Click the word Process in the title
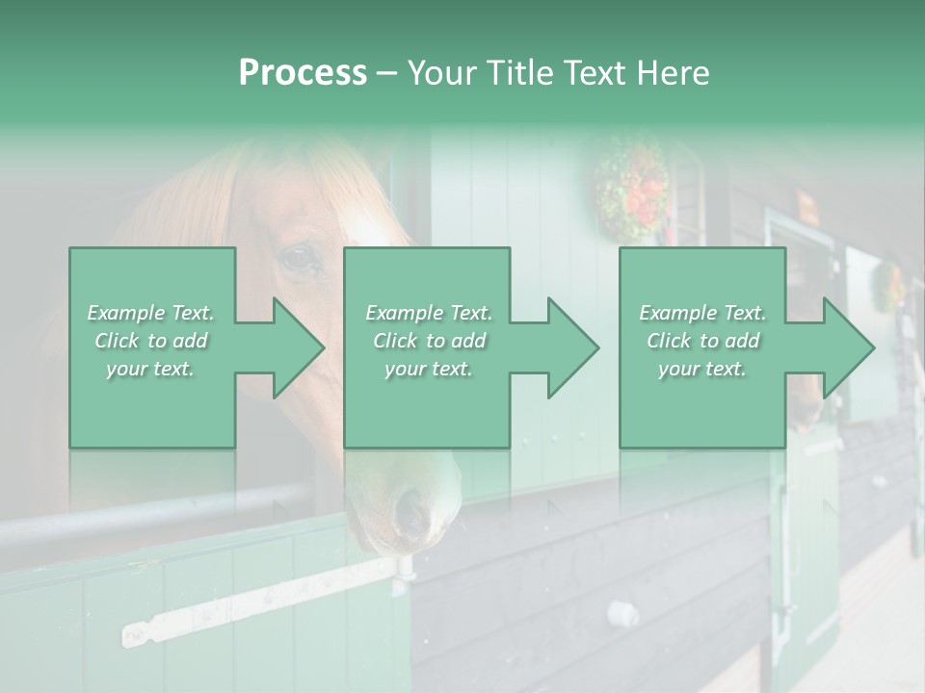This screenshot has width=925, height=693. click(303, 73)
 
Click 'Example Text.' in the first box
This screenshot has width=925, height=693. click(150, 313)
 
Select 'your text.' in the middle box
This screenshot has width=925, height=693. click(428, 369)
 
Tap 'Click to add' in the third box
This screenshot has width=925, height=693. click(702, 341)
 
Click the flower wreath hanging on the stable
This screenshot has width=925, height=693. click(631, 188)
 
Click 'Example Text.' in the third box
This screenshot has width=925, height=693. click(702, 313)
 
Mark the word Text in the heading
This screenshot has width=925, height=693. click(594, 73)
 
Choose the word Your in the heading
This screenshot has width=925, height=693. click(440, 73)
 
